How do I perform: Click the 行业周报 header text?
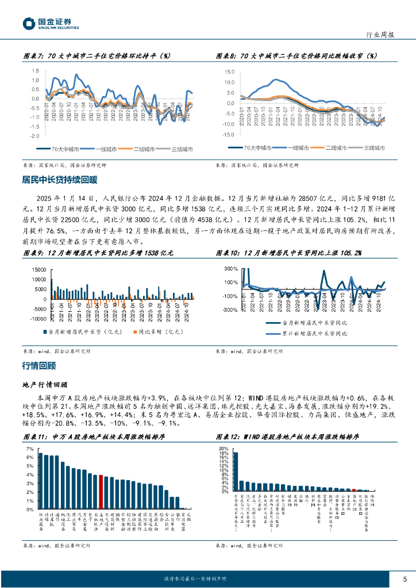380,35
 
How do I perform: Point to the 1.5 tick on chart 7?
36,71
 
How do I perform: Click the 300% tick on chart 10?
231,269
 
